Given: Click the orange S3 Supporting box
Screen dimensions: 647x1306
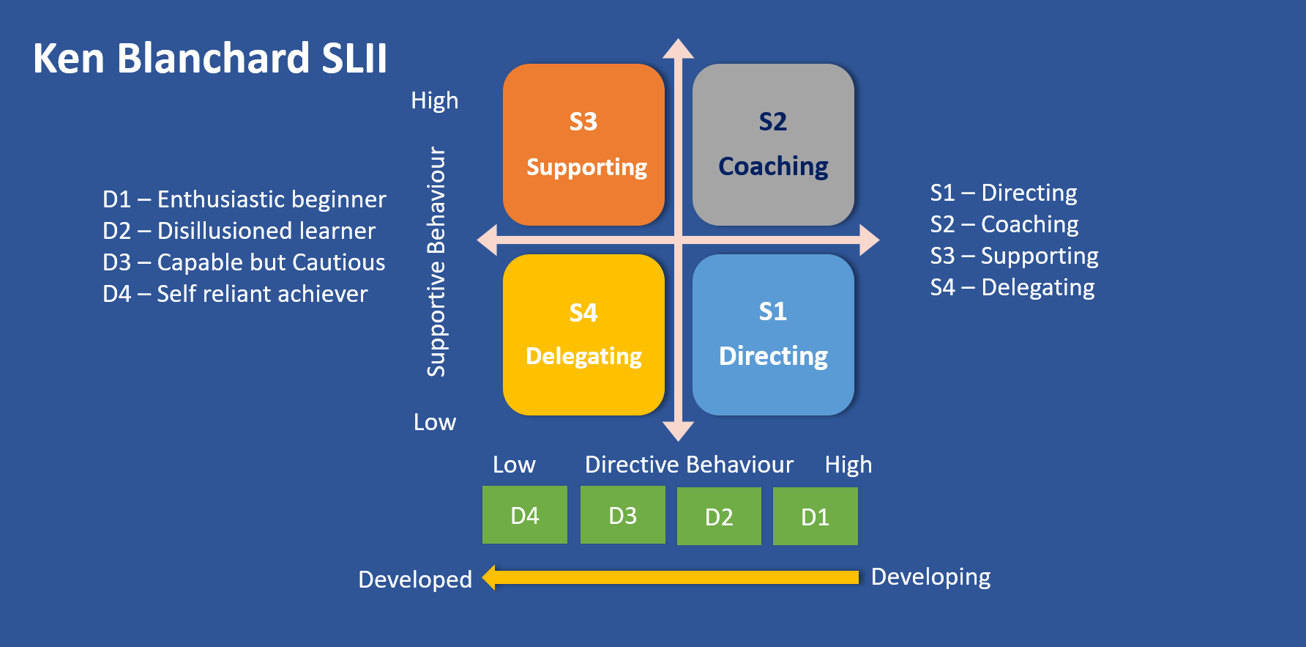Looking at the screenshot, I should [583, 144].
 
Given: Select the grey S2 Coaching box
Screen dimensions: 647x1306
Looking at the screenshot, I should [773, 144].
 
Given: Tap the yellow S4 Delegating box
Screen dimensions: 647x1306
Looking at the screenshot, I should [583, 335].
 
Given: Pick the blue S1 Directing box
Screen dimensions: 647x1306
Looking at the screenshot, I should [773, 335].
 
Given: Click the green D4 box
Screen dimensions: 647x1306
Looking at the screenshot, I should [524, 515].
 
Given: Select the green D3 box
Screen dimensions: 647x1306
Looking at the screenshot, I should [622, 515].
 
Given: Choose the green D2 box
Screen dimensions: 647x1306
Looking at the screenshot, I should [719, 517].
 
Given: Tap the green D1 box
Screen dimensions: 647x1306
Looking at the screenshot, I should [815, 517].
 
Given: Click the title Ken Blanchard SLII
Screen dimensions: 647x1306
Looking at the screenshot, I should [210, 59].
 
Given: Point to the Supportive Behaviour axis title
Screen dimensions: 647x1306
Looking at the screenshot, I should [436, 262].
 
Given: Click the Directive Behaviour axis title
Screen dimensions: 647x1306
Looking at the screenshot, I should [689, 465].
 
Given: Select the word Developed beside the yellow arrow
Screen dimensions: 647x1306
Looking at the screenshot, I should [415, 580].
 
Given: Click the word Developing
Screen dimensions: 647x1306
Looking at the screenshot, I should [930, 577].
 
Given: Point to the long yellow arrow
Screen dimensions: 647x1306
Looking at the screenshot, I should [671, 577].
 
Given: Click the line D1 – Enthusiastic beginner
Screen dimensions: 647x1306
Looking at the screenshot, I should [244, 199].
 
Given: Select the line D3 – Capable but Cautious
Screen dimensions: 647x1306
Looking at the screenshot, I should [244, 262].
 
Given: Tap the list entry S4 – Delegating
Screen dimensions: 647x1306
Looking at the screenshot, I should [1012, 287].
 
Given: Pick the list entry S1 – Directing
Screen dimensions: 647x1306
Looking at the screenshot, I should [1004, 193].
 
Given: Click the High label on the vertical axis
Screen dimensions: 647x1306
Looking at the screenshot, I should [434, 100].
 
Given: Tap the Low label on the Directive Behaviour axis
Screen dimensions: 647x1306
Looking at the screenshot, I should [514, 465].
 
